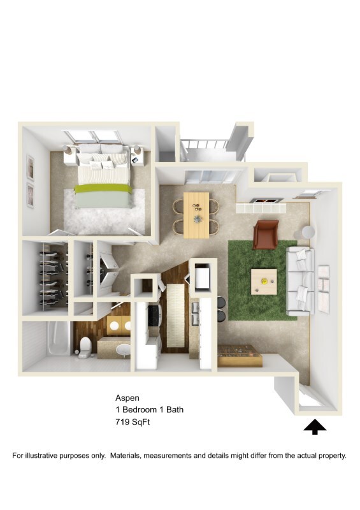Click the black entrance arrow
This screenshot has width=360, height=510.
point(315,427)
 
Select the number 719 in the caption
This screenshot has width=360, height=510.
point(124,421)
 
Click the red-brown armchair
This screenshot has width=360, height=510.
point(265,234)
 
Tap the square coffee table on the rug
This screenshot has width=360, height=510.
point(263,280)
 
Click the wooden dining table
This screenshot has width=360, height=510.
point(196,214)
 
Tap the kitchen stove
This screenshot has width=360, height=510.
point(154,316)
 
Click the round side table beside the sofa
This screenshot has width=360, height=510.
point(308,232)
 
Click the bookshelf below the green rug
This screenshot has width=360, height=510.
point(240,356)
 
